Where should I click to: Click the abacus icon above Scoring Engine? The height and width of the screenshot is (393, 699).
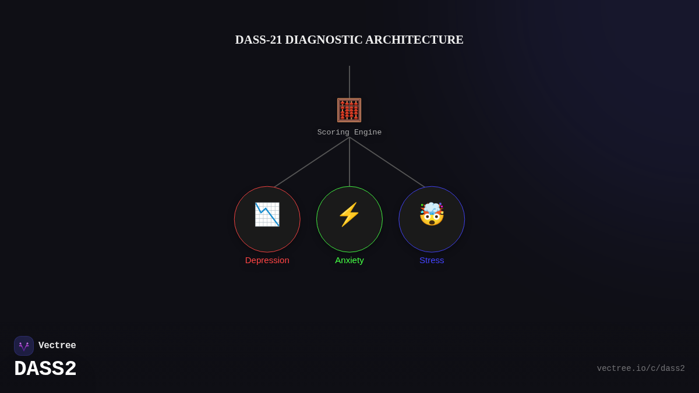[x=349, y=110]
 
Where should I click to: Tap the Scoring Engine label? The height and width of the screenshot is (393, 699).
[x=349, y=133]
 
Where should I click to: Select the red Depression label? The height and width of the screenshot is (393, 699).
[x=267, y=260]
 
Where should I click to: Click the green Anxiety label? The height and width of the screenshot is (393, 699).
[x=349, y=260]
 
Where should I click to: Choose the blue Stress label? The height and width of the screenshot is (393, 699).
[x=432, y=260]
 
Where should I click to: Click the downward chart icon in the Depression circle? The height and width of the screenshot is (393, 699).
[x=267, y=214]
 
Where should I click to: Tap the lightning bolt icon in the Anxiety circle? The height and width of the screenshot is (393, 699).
[x=349, y=214]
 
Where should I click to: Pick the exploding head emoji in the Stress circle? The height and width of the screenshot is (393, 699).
[x=432, y=214]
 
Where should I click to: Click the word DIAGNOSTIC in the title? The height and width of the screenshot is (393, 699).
[x=323, y=40]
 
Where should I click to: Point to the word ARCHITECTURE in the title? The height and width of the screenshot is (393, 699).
[x=414, y=40]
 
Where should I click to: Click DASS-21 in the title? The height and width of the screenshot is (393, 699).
[x=258, y=40]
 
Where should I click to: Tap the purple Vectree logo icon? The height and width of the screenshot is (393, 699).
[x=24, y=346]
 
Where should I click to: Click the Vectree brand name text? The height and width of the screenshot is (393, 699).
[x=57, y=346]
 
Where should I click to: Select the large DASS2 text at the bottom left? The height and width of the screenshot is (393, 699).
[x=45, y=369]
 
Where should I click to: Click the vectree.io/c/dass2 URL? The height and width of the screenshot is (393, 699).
[x=641, y=369]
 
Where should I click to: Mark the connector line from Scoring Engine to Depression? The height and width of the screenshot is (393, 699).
[x=312, y=162]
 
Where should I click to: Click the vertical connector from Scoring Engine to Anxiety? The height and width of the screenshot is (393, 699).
[x=349, y=163]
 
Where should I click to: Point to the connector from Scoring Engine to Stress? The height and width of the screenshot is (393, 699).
[x=387, y=162]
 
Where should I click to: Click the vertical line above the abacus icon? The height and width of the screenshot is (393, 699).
[x=349, y=82]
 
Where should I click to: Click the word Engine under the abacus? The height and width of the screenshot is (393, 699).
[x=368, y=133]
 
